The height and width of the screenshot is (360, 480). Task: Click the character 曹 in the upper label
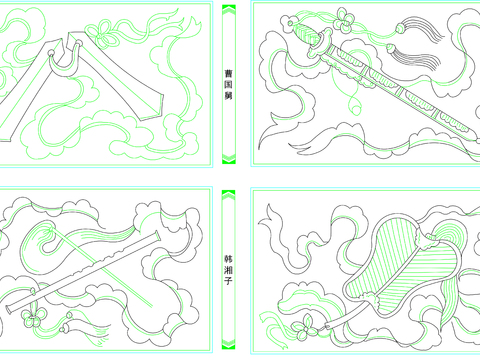coord(228,73)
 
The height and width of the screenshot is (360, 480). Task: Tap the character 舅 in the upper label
coord(228,95)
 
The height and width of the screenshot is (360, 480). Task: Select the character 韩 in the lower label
coord(228,259)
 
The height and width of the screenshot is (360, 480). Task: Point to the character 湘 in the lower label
coord(228,270)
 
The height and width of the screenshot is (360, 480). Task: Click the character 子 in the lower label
coord(228,281)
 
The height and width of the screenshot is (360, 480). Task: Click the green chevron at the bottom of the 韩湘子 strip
coord(229,343)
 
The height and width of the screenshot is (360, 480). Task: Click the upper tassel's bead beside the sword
coord(400,29)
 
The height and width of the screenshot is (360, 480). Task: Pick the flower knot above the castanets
coord(104,33)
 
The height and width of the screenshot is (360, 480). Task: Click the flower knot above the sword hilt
coord(344,20)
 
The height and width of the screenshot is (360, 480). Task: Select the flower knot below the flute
coord(33,317)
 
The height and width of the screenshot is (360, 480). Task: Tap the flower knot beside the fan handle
coord(304,328)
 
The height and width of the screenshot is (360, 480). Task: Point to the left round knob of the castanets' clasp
coord(51,53)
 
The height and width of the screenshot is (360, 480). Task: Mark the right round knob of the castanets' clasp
coord(79,43)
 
